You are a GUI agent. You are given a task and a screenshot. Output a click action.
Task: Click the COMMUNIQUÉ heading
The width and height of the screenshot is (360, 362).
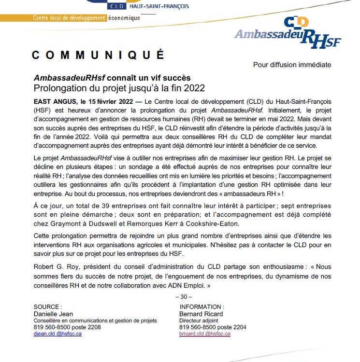click(98, 55)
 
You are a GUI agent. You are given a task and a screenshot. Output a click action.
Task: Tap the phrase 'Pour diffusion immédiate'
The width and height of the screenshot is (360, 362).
click(292, 65)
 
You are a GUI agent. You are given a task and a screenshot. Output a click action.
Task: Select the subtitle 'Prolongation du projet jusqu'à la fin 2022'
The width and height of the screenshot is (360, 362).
click(119, 88)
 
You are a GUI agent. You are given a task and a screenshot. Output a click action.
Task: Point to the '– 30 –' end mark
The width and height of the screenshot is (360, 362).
click(182, 296)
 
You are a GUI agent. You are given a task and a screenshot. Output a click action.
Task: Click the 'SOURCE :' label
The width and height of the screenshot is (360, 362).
click(48, 306)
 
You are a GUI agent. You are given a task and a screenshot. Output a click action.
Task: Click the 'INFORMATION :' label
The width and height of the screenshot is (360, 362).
click(202, 306)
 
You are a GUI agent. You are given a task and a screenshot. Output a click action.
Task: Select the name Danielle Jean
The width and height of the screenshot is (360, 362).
click(53, 313)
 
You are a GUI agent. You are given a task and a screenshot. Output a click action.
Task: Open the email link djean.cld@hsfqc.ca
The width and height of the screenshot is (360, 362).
click(58, 334)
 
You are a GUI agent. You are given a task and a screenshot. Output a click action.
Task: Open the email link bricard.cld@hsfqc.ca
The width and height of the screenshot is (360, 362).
click(204, 334)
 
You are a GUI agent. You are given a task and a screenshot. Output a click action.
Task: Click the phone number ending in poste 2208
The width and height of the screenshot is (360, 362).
click(67, 327)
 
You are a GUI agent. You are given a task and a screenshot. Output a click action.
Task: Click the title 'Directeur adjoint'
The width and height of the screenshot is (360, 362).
click(199, 320)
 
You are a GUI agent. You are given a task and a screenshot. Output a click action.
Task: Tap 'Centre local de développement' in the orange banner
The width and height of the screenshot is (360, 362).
click(69, 18)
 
